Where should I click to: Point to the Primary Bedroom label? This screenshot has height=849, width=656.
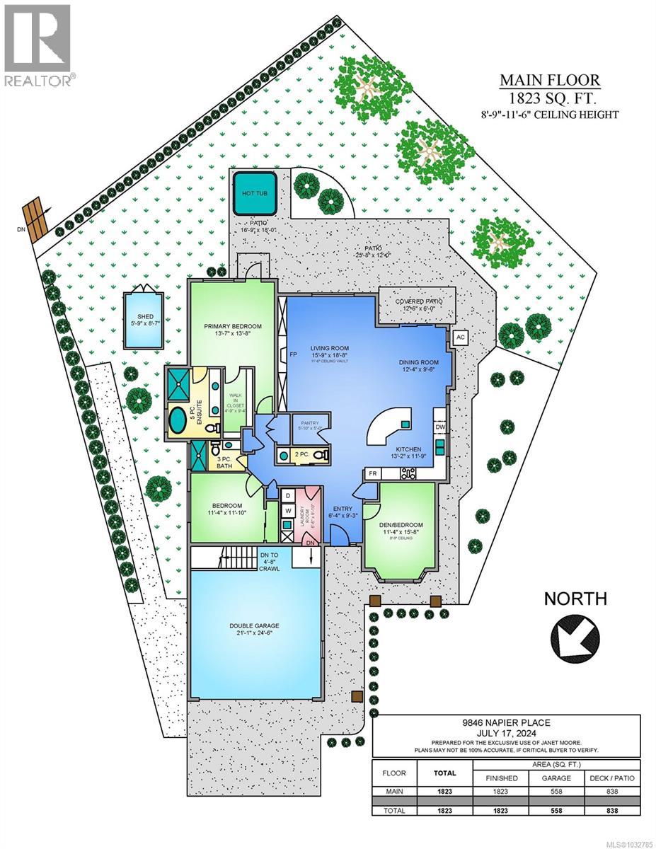[233, 326]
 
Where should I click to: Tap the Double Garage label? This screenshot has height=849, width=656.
[253, 625]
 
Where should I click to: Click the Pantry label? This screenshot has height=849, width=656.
[310, 422]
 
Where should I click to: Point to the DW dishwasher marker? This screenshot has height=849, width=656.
[439, 427]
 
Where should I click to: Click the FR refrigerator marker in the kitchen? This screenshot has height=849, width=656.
[372, 473]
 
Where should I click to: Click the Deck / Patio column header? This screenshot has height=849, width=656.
[612, 777]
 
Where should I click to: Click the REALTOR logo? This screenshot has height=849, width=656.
[39, 46]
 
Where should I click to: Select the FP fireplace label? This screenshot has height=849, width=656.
[292, 354]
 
